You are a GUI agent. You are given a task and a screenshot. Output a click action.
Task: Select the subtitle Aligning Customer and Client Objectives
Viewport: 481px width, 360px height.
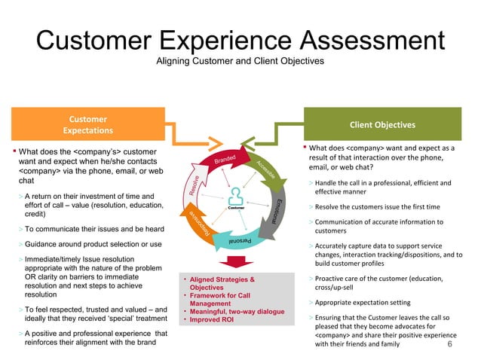click(x=240, y=60)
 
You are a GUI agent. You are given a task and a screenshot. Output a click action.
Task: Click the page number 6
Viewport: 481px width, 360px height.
click(x=450, y=344)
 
